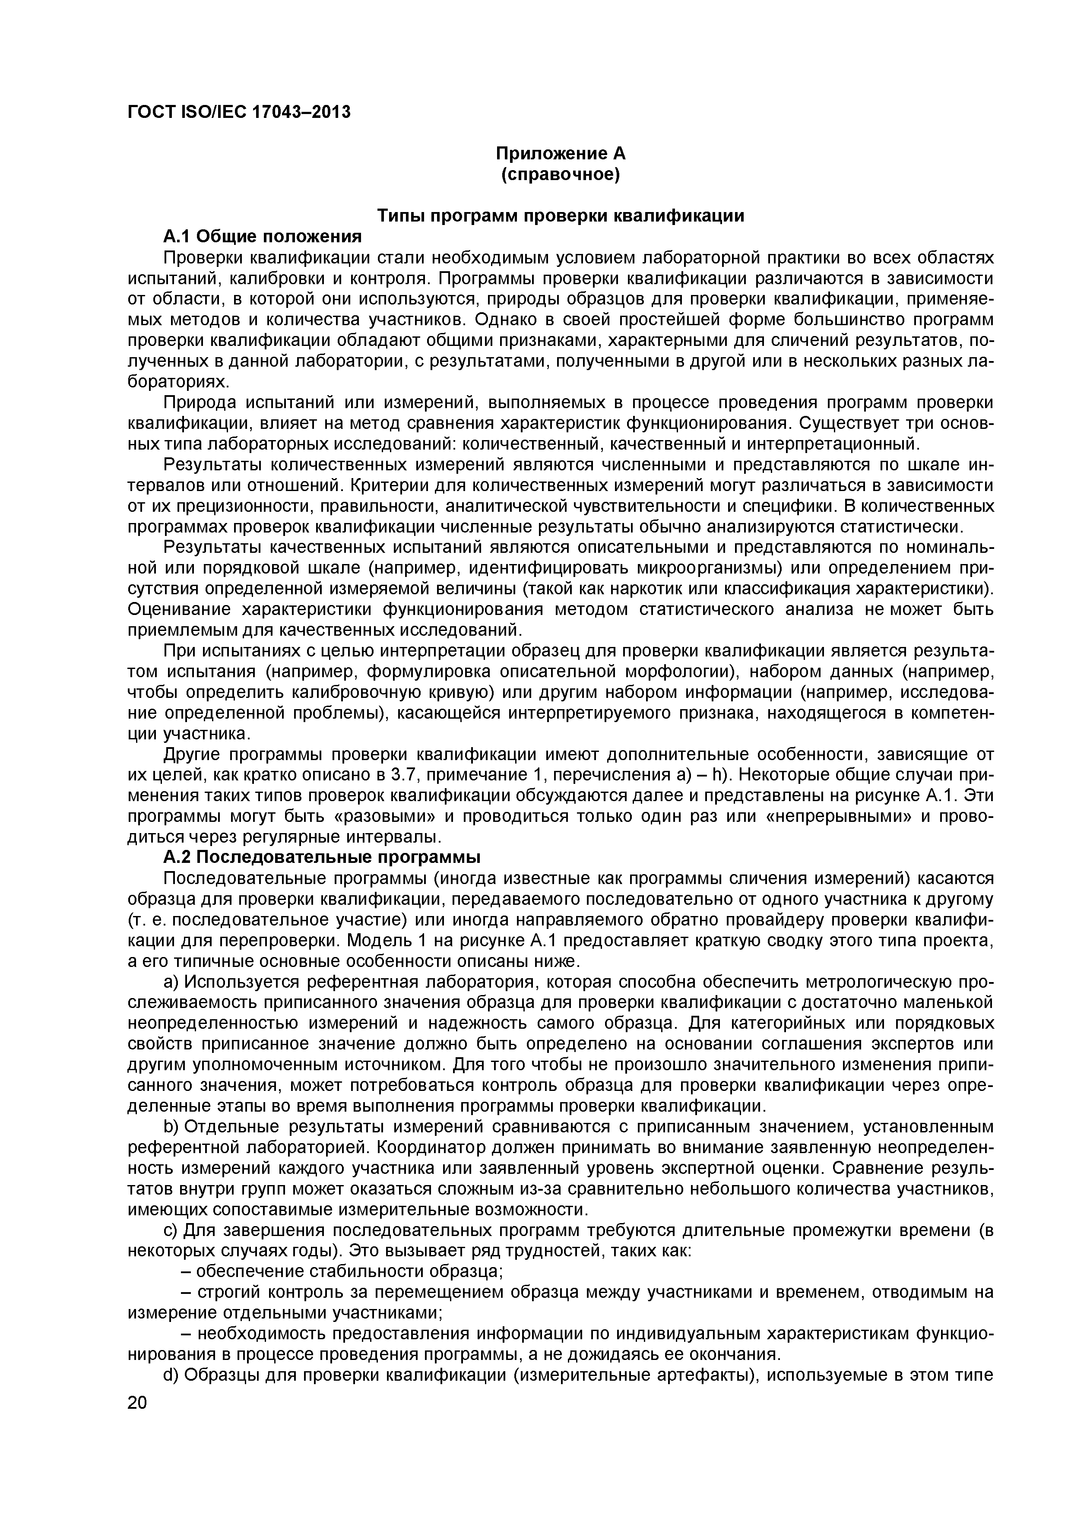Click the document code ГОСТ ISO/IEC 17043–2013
point(238,113)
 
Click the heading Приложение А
point(560,154)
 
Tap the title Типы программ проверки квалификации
point(560,216)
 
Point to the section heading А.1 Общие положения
point(263,236)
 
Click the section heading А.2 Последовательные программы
point(322,858)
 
